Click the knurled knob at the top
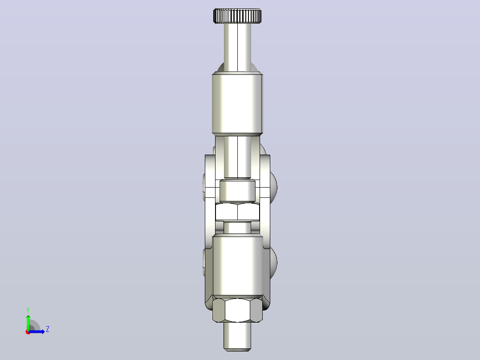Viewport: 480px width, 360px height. pos(237,16)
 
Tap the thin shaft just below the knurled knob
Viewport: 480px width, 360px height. pos(237,48)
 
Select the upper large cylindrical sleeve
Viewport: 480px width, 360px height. pos(237,104)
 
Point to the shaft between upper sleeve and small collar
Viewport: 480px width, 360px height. pos(237,157)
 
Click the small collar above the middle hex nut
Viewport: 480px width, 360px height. pos(237,191)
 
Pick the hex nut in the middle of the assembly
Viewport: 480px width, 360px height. pos(237,211)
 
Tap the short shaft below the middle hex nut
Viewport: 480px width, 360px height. pos(237,228)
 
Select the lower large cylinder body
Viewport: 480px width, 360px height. pos(237,265)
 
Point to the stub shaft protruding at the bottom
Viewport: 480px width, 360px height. pos(237,336)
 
